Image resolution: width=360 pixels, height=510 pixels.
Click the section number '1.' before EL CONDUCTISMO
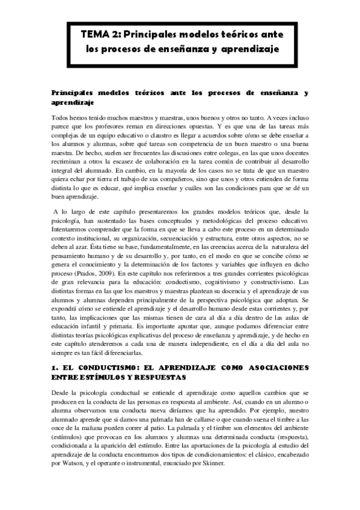[x=53, y=366]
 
